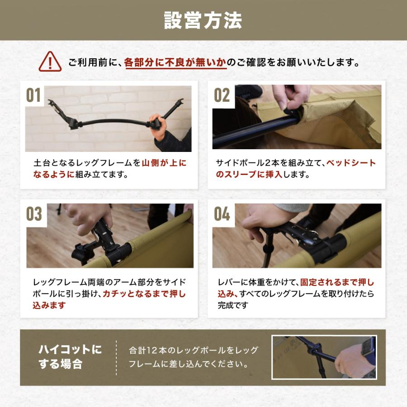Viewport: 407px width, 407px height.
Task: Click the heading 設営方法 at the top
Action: [203, 20]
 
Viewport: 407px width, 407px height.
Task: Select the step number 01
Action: [33, 96]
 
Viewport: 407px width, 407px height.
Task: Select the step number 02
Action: [222, 96]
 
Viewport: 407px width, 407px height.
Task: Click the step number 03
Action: [34, 214]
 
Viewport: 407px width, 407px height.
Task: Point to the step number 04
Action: [222, 214]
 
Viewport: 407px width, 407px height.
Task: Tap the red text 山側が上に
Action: [164, 163]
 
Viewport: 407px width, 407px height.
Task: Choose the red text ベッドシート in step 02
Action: [351, 163]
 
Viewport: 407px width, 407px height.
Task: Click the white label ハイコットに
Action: [70, 350]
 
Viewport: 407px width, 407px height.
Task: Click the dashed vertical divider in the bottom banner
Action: [116, 357]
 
